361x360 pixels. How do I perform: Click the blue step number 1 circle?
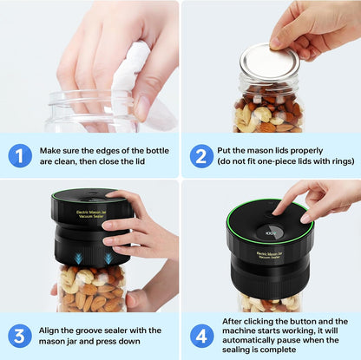click(20, 155)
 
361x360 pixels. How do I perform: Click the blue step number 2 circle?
click(202, 155)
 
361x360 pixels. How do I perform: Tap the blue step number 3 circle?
click(20, 336)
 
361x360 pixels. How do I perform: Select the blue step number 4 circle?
click(202, 336)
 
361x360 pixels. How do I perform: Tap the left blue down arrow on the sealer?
click(78, 258)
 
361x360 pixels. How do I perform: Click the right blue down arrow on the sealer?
click(106, 258)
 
